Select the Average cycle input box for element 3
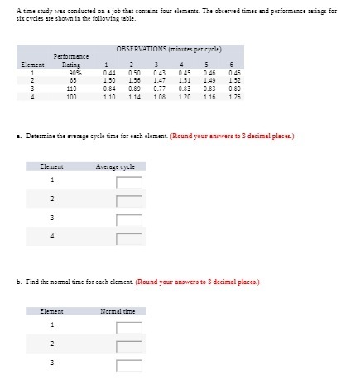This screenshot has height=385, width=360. [x=129, y=220]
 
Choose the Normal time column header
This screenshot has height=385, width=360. [x=117, y=311]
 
